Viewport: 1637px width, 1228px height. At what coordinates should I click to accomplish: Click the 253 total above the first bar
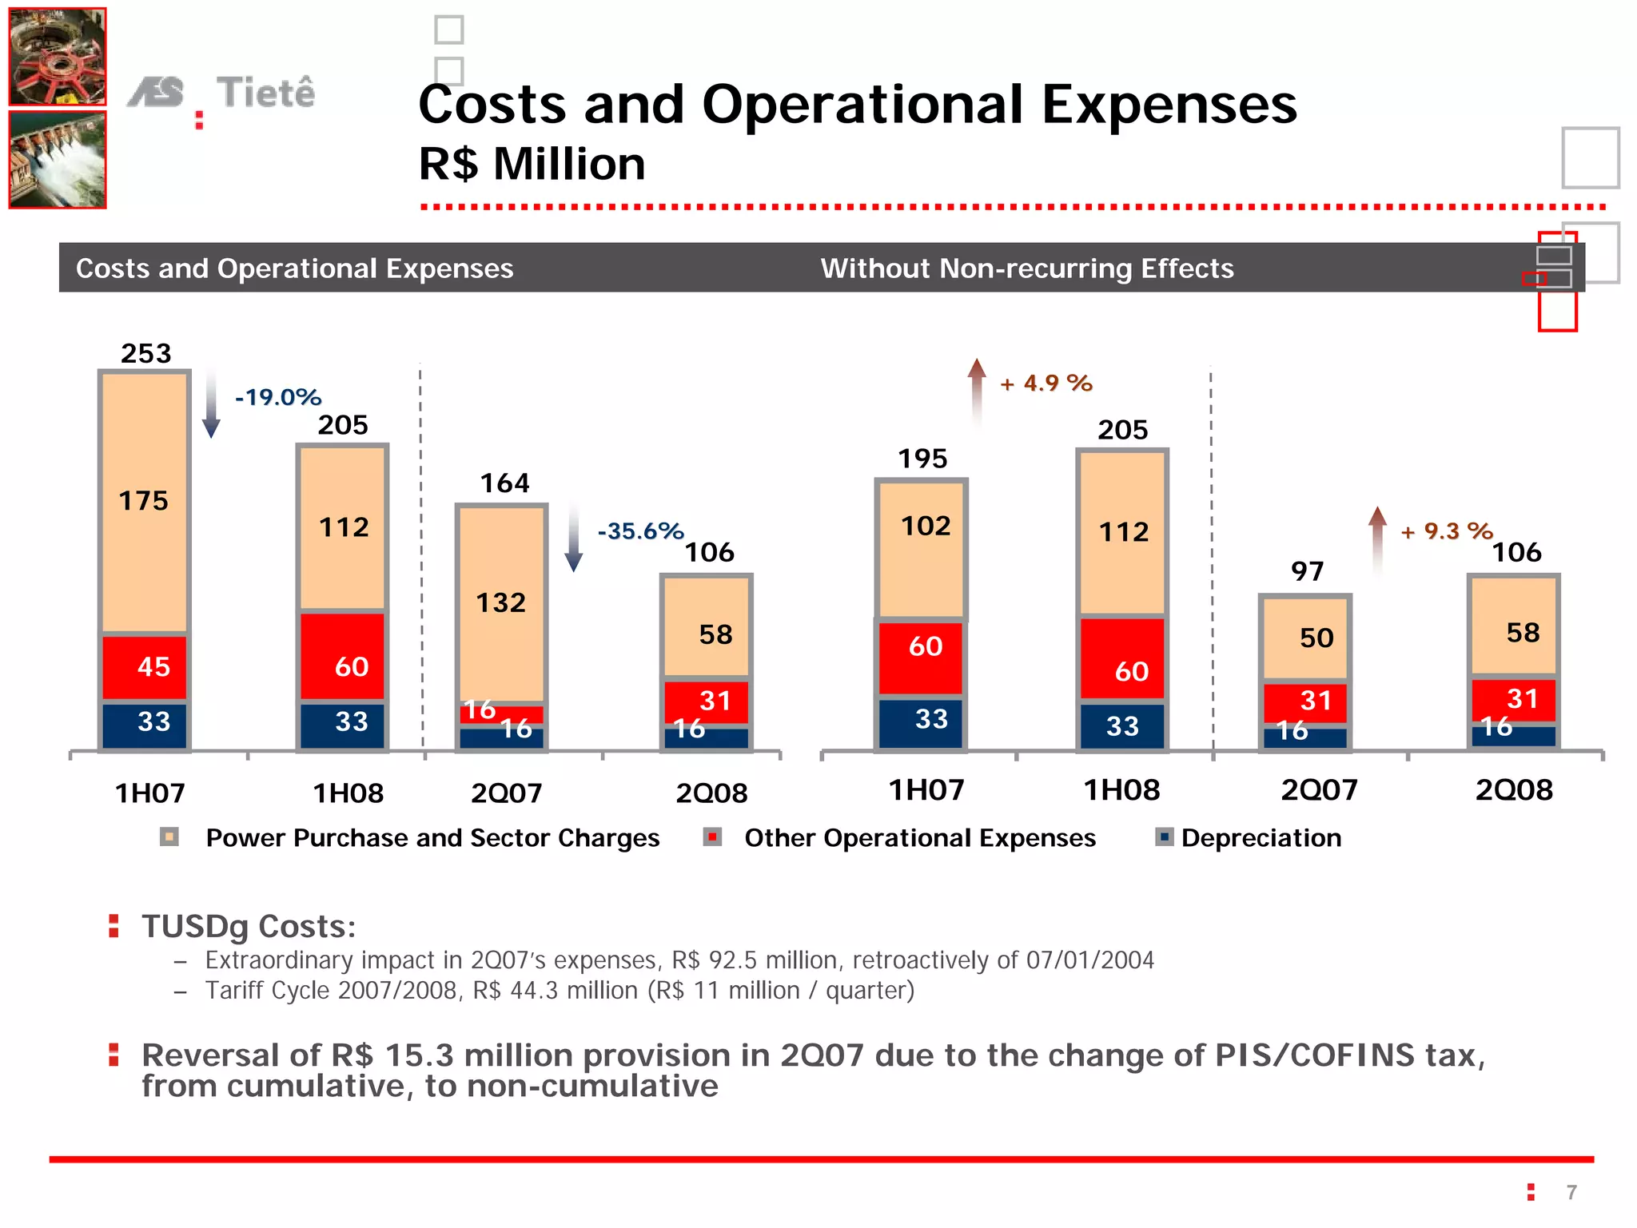145,353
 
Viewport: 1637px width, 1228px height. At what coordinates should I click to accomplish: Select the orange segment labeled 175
144,501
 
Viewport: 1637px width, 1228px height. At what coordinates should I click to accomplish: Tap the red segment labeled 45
145,666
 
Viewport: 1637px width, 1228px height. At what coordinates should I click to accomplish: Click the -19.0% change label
277,397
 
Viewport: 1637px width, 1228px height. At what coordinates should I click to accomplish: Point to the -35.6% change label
640,531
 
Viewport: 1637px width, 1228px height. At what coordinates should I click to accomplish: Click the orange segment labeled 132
501,602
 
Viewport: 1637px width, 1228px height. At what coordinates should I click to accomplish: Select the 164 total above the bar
504,483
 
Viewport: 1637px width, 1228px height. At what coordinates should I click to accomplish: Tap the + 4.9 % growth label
1046,384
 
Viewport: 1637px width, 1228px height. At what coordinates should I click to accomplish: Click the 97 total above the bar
1307,570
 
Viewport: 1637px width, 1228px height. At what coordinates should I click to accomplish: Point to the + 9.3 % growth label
1446,531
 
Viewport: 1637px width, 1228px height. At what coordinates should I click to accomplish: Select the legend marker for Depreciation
1165,837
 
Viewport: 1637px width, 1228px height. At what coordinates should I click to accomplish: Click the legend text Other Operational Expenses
919,837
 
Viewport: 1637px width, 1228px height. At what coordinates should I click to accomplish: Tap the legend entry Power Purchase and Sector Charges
432,837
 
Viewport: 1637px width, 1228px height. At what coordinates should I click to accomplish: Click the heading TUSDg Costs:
249,926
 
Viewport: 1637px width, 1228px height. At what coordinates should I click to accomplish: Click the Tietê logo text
265,93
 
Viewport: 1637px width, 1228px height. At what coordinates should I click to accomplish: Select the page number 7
1571,1192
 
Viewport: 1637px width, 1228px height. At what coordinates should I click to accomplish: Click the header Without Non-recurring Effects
1026,268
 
